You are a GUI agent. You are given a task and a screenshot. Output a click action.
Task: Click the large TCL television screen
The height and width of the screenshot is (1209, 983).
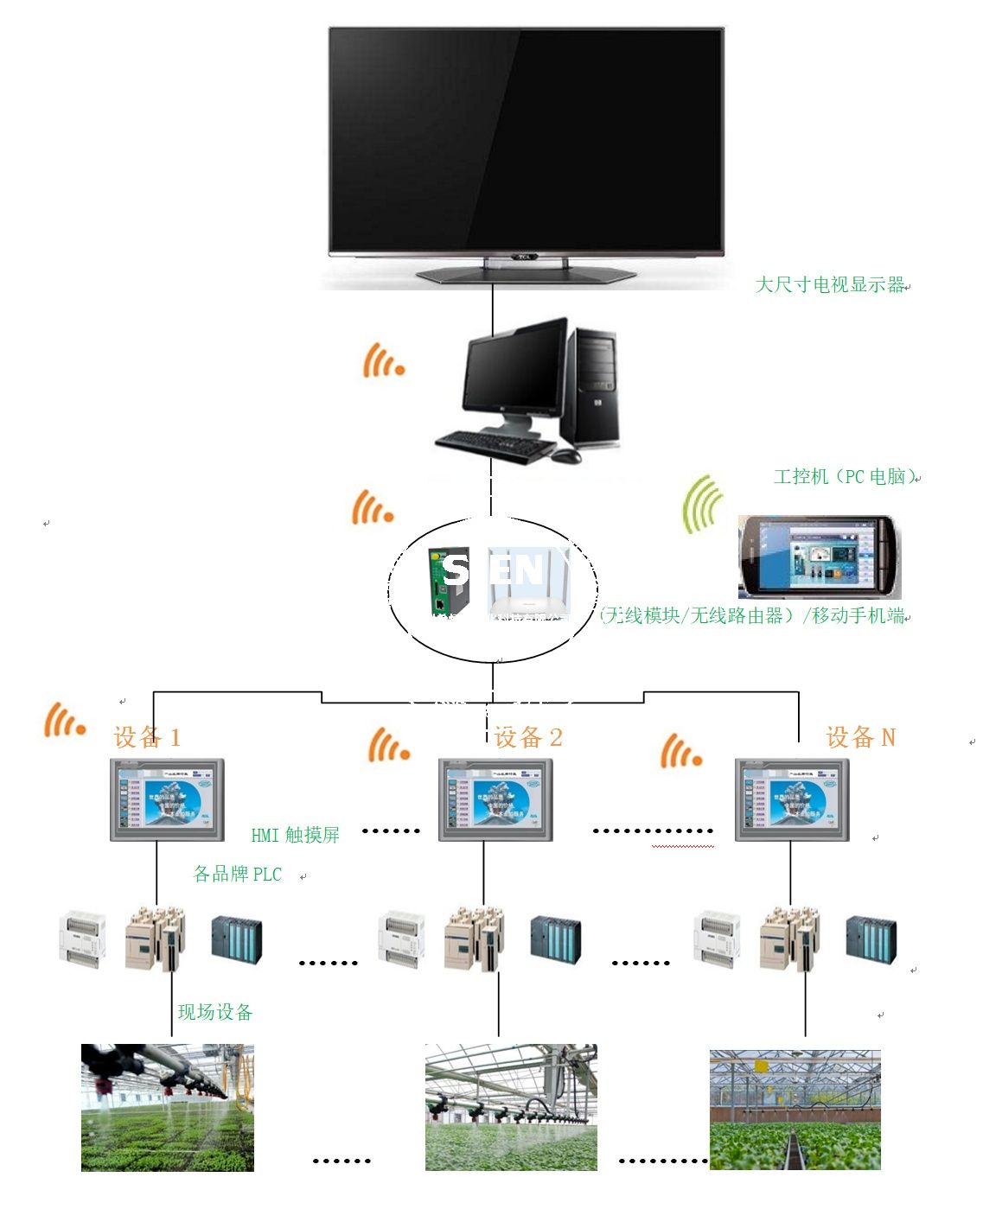tap(526, 138)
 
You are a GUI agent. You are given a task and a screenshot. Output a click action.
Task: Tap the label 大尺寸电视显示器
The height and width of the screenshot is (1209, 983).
tap(830, 284)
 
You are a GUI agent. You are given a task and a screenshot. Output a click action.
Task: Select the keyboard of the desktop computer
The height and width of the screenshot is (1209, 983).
tap(495, 446)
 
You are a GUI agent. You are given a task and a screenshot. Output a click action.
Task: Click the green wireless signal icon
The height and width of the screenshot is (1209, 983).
tap(703, 504)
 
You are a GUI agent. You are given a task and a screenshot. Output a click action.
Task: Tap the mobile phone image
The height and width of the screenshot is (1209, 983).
tap(818, 557)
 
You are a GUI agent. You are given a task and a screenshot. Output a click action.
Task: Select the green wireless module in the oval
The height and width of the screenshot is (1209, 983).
tap(450, 581)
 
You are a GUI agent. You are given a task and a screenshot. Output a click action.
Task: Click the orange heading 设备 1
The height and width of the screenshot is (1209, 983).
tap(147, 737)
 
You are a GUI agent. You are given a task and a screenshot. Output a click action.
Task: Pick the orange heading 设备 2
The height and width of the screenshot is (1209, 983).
tap(528, 737)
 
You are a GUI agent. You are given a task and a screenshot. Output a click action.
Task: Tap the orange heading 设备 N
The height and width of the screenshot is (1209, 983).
tap(860, 737)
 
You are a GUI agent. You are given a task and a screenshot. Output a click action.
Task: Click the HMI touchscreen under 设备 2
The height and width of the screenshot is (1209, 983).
tap(495, 799)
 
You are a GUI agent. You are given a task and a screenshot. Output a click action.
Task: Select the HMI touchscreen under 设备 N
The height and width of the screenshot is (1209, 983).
tap(791, 799)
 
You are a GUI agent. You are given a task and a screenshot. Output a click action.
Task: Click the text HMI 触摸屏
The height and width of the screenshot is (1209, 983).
tap(295, 835)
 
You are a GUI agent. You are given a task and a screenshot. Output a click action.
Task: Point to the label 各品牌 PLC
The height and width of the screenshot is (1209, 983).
tap(237, 874)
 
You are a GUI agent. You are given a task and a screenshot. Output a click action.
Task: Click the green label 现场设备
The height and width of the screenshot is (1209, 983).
tap(215, 1012)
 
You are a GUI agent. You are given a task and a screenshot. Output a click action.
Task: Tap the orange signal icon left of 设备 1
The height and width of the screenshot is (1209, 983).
tap(64, 721)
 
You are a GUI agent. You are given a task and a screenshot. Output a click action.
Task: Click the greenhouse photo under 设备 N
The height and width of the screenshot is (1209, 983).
tap(795, 1110)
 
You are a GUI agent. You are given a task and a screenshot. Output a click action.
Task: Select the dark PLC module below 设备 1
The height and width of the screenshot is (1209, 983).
tap(237, 939)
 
